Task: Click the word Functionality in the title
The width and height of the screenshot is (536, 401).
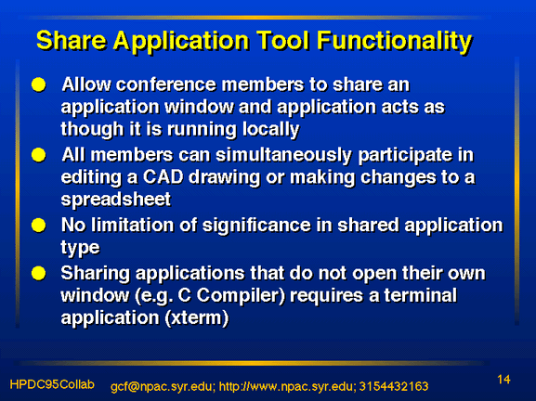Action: [x=394, y=42]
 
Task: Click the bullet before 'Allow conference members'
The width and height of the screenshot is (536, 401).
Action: [x=39, y=84]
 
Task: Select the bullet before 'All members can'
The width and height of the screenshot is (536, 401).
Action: [x=39, y=155]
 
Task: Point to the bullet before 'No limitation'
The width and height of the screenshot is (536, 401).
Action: [x=39, y=226]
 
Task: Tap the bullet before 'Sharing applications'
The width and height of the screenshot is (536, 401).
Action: [x=39, y=273]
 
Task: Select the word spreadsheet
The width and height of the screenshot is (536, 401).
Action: [x=116, y=200]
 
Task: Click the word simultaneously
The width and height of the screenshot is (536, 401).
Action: [x=283, y=156]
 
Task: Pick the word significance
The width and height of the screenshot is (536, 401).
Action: [x=257, y=226]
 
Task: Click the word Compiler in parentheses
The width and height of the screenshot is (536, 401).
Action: [x=241, y=296]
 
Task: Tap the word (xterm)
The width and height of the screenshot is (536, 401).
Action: [x=197, y=318]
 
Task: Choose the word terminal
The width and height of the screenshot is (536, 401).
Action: [x=421, y=295]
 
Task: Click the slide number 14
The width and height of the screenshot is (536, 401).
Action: [x=503, y=380]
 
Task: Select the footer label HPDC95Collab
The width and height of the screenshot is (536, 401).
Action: [x=52, y=384]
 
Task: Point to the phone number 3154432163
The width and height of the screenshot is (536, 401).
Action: [x=394, y=386]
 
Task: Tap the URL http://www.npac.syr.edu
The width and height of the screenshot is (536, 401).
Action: [x=286, y=386]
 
